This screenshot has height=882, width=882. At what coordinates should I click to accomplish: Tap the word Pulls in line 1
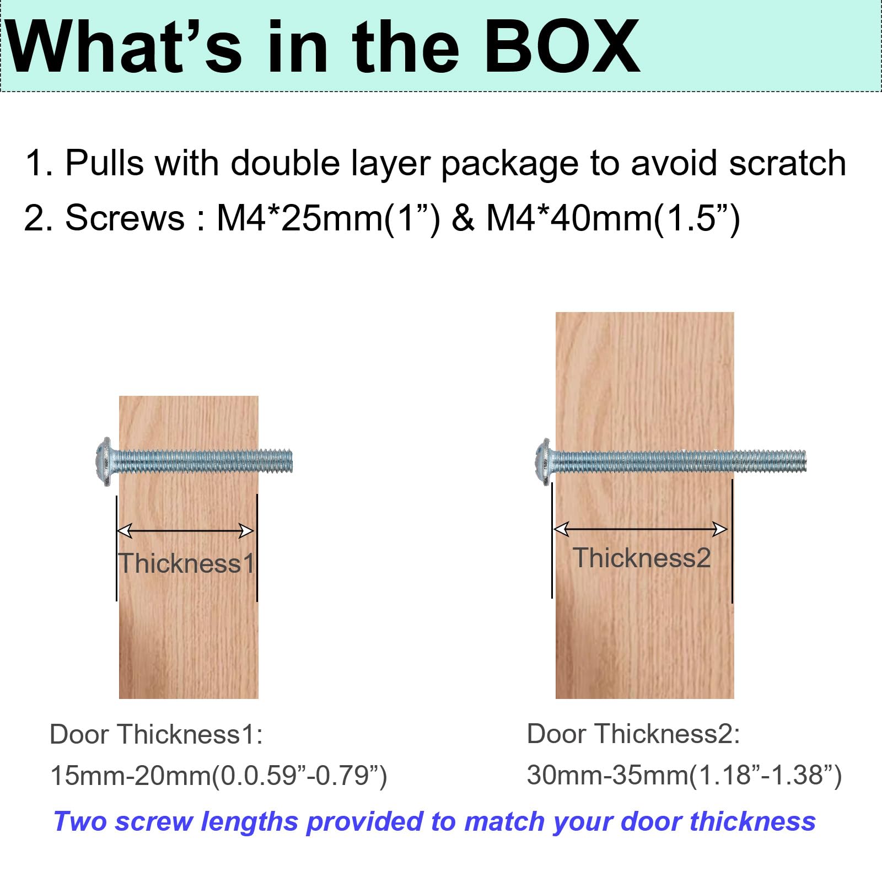(x=104, y=163)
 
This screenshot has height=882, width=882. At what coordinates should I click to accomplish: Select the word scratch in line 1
(x=788, y=163)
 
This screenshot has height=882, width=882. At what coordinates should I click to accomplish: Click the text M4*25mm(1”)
(x=329, y=218)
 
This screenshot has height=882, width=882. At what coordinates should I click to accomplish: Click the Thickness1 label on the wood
(x=187, y=563)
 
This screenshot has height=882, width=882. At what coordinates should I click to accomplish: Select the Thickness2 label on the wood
(x=642, y=558)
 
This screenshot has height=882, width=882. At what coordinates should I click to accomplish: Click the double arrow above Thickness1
(x=186, y=531)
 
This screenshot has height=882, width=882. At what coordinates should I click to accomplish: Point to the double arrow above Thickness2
(x=641, y=529)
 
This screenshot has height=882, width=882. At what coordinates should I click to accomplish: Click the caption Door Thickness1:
(x=157, y=734)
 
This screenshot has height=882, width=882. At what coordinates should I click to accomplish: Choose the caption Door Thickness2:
(x=633, y=734)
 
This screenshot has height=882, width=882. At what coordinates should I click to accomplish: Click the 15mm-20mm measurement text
(x=219, y=776)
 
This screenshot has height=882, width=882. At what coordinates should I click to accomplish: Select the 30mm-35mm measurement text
(x=684, y=775)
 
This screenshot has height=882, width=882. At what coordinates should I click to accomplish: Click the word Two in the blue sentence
(x=80, y=821)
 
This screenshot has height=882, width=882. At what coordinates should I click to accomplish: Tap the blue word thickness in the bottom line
(x=753, y=821)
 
